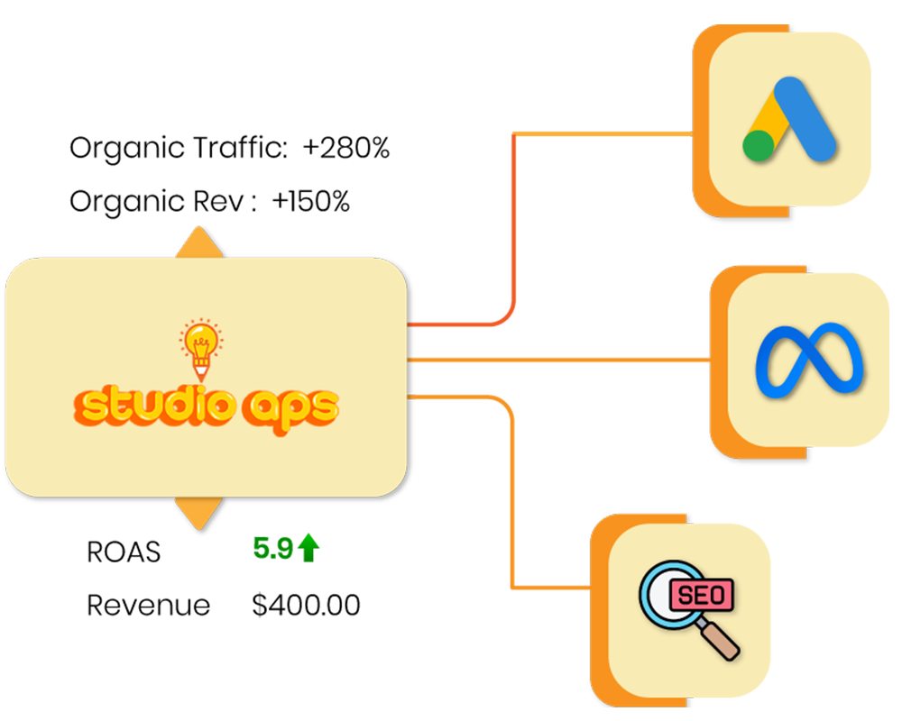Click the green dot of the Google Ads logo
759,145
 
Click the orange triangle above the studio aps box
199,244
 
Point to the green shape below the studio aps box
289,545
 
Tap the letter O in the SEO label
720,596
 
